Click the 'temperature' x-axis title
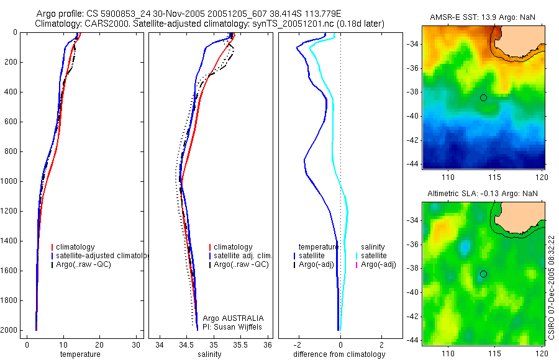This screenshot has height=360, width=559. (x=80, y=354)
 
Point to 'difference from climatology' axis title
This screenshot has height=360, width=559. (x=339, y=354)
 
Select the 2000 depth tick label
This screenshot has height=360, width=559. (x=9, y=330)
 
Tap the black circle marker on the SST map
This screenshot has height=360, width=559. (x=483, y=97)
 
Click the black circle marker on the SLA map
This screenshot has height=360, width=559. (x=483, y=274)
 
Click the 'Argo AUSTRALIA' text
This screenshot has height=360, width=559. (x=229, y=318)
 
